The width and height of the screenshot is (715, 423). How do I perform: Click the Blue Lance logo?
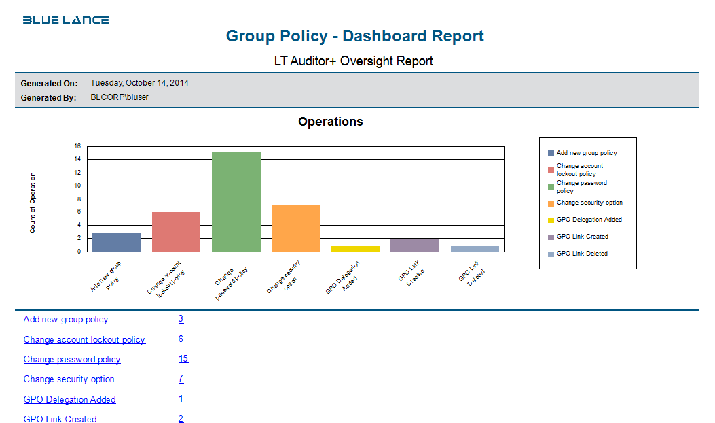coord(66,20)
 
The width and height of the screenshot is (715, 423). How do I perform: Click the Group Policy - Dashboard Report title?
coord(354,36)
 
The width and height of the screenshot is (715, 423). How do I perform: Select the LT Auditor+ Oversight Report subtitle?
coord(353,61)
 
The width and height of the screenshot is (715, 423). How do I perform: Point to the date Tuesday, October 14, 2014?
coord(139,83)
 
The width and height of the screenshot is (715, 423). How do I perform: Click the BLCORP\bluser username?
coord(120,97)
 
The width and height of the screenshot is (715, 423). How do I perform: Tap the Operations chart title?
coord(330,122)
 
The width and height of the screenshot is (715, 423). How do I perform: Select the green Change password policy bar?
coord(236,202)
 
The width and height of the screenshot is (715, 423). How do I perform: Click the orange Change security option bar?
coord(295,229)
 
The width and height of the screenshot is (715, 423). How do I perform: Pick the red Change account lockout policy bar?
coord(176,232)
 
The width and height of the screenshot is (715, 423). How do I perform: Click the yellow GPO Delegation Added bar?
coord(355,249)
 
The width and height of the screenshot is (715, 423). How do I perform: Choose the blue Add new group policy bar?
coord(116,242)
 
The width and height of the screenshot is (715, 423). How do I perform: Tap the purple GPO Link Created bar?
coord(415,246)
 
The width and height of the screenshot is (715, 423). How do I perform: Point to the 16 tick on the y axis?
coord(77,146)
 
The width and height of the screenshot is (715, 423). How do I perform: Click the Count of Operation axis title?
coord(33,203)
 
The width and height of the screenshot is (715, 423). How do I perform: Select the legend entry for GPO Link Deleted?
coord(581,254)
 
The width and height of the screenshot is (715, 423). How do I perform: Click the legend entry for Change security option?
coord(589,203)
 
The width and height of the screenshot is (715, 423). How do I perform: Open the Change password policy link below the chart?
coord(72,359)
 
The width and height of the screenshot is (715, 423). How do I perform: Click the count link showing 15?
coord(183,359)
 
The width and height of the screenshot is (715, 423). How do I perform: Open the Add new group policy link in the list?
coord(66,320)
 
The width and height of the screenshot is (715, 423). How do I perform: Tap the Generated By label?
coord(49,97)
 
